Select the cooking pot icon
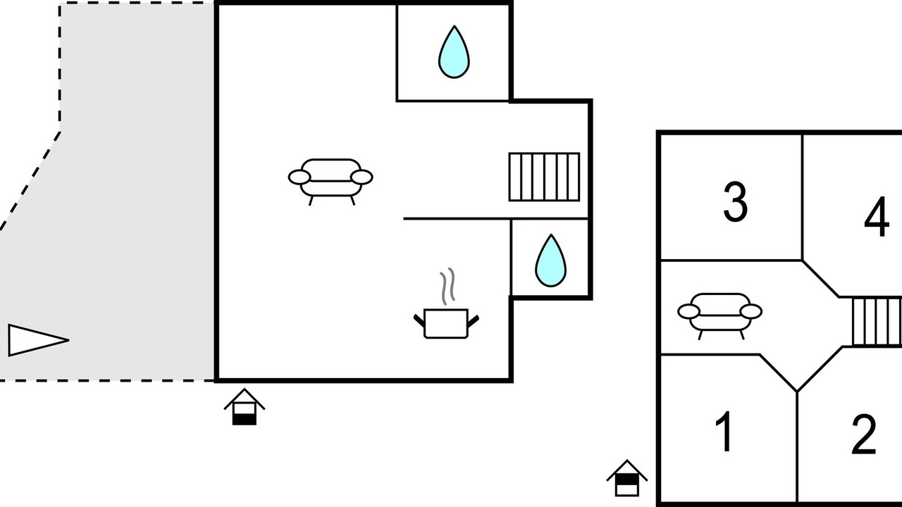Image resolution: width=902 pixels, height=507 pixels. coord(446,323)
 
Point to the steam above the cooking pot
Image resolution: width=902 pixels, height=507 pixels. coord(447,286)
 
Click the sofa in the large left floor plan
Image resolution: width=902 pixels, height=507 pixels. coord(330,182)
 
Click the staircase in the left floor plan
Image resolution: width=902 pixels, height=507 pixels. coord(544,177)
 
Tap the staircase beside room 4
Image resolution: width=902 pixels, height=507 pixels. coord(877,322)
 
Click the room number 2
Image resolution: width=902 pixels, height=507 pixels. coord(864,434)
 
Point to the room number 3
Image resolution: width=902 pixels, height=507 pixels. coord(735,201)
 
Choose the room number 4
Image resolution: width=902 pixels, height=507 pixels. coord(876,216)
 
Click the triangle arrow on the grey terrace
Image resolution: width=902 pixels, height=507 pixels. coord(38,340)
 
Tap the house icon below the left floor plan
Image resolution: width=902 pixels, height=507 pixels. coord(245,407)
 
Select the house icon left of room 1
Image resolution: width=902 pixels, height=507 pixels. coord(627,478)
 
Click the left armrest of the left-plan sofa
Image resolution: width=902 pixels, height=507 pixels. coord(299,177)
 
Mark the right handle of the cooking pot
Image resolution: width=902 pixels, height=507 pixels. coord(473,321)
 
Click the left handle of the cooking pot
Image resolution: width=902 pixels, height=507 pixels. coord(419,321)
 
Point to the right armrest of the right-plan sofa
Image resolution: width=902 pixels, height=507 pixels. coord(751,311)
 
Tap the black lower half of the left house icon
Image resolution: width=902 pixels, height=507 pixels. coord(245,420)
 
